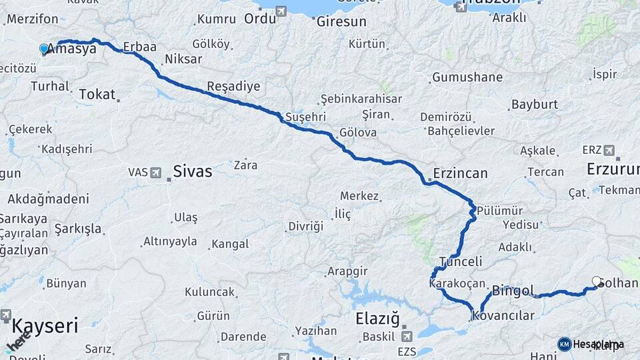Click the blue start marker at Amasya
point(44,49)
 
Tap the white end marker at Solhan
point(597,281)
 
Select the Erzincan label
point(460,173)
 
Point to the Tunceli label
point(460,261)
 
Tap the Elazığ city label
point(377,319)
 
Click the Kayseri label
point(45,327)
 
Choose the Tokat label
point(97,95)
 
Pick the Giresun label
point(341,22)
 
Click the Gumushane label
point(467,77)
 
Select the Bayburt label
point(534,105)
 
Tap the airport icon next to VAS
point(156,173)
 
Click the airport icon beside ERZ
point(609,150)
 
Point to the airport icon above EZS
point(406,336)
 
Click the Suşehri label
point(305,117)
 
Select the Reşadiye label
point(233,87)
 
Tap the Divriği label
point(305,227)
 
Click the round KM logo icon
point(565,344)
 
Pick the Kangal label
point(230,244)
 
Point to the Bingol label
point(513,291)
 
